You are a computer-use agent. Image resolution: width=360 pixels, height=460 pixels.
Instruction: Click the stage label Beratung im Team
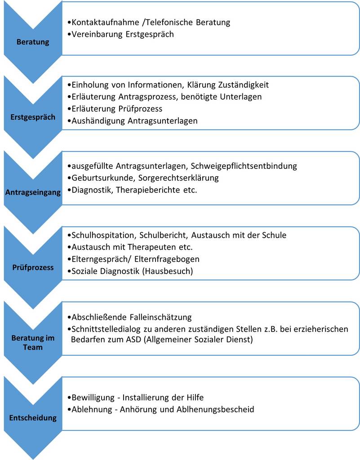click(33, 342)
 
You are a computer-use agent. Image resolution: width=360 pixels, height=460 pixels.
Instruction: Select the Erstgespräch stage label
click(33, 117)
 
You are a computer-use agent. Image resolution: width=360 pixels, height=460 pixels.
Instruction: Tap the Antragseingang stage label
click(33, 192)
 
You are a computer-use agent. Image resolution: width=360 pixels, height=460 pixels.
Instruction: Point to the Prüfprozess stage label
click(33, 267)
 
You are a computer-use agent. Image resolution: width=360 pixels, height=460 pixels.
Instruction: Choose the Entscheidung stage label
click(33, 418)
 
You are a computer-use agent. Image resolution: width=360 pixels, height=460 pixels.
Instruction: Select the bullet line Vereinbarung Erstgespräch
click(122, 34)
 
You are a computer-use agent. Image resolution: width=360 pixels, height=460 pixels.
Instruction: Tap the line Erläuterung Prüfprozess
click(117, 109)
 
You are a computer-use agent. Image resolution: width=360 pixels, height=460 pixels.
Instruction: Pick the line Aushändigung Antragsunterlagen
click(134, 121)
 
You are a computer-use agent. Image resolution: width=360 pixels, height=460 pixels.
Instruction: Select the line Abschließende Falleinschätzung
click(132, 317)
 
